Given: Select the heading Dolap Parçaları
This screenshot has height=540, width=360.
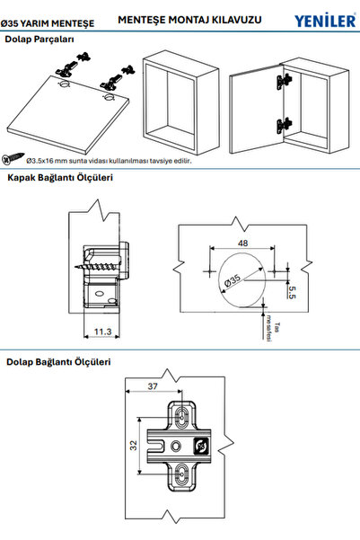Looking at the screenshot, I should point(40,40).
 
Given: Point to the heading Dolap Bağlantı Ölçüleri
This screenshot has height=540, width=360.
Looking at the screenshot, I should point(57,362).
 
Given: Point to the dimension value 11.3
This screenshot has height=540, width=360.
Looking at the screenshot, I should point(101,332).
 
